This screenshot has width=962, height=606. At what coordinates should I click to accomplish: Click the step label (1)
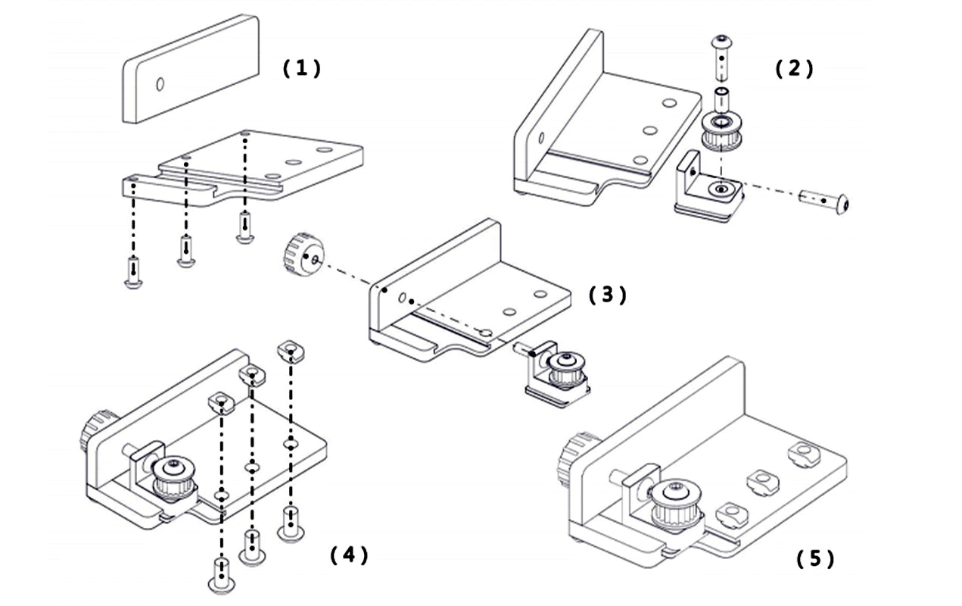coord(301,69)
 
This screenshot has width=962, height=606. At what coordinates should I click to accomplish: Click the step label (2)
coord(794,69)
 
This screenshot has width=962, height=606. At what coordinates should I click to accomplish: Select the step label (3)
coord(608,295)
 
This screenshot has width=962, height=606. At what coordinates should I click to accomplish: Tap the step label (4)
coord(349,555)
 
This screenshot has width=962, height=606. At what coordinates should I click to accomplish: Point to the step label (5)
coord(815,559)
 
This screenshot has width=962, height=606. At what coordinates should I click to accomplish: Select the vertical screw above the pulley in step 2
coord(721,57)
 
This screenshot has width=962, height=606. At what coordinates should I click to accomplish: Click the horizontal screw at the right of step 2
coord(827,201)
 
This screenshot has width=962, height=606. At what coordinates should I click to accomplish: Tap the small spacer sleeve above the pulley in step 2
coord(721,98)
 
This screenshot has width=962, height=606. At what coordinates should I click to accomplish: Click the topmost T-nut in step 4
coord(289,349)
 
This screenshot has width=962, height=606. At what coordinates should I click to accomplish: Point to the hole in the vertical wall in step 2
coord(541,139)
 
